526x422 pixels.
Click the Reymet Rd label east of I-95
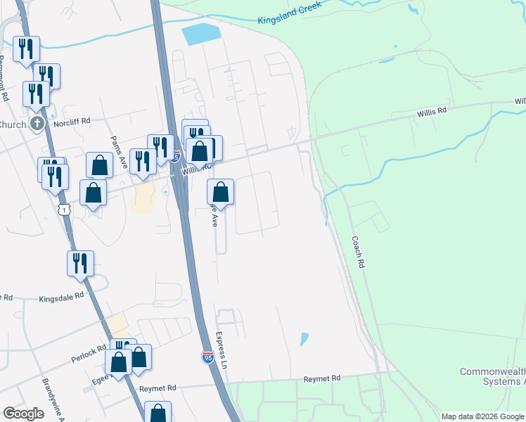(x=321, y=378)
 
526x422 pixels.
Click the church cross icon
(x=38, y=124)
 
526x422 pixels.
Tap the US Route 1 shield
(x=64, y=210)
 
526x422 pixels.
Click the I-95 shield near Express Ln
(x=207, y=357)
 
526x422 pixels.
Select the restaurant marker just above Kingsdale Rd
(x=81, y=262)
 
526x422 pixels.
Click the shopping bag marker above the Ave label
(x=221, y=191)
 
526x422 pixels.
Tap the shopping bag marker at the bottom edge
(x=158, y=414)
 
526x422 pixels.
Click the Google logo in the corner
(x=23, y=414)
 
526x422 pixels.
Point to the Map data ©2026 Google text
(x=482, y=416)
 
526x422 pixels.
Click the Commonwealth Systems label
(x=492, y=376)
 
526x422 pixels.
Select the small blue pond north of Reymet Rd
(x=304, y=339)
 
